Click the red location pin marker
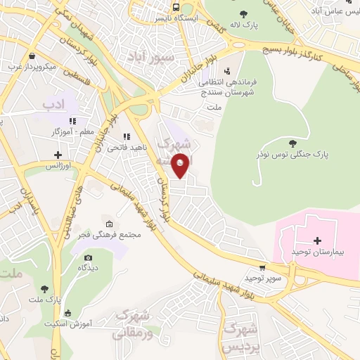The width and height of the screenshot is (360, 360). point(181,164)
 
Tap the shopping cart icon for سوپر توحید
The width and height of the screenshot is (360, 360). point(262,267)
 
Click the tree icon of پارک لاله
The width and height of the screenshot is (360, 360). point(243,13)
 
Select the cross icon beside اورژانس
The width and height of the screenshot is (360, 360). point(58,155)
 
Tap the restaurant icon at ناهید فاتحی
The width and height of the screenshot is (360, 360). point(127,137)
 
